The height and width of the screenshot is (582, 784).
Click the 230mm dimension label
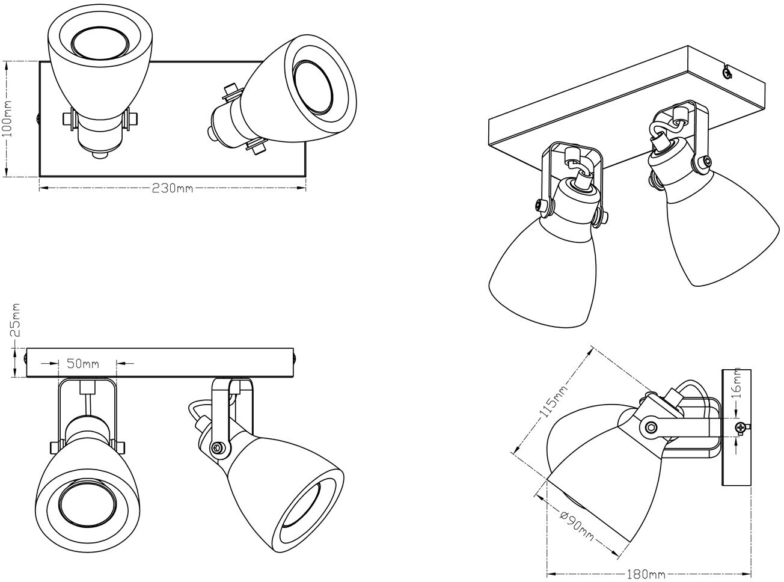tap(173, 188)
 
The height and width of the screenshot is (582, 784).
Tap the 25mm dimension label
tap(15, 320)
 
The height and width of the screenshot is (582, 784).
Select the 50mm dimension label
tap(83, 364)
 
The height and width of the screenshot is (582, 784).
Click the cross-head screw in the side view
tap(741, 428)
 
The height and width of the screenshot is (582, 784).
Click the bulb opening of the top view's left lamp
tap(100, 43)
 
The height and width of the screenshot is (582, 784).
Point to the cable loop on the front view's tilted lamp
tap(198, 411)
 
